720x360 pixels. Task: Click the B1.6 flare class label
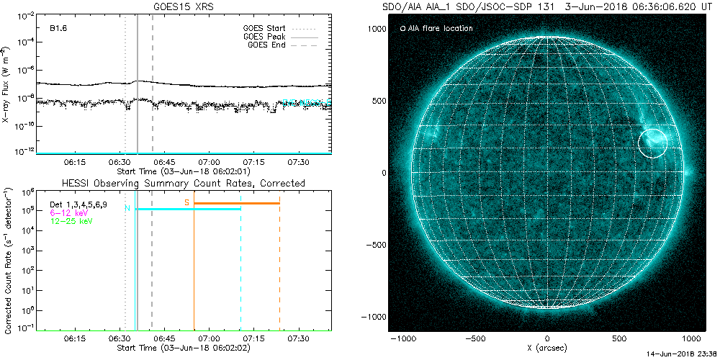(58, 29)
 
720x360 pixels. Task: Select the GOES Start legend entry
(265, 29)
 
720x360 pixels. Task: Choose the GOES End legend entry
(266, 45)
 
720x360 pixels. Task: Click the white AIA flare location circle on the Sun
(653, 143)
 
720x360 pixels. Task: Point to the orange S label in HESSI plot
(187, 202)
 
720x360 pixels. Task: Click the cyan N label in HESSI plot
(127, 209)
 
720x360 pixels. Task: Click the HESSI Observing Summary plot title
(184, 184)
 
